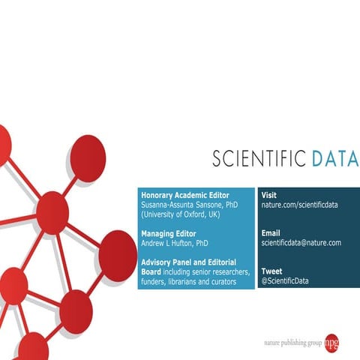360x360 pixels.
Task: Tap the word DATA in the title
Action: [x=334, y=159]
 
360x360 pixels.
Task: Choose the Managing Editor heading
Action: [x=169, y=233]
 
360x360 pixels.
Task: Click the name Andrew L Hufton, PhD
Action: [x=175, y=243]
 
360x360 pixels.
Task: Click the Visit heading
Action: [x=269, y=195]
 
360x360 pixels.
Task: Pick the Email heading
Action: [x=271, y=233]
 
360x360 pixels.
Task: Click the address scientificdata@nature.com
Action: [x=301, y=243]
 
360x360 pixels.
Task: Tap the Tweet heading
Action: [x=271, y=271]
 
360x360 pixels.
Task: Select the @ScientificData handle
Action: [x=284, y=281]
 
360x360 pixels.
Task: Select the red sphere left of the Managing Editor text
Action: [x=53, y=211]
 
